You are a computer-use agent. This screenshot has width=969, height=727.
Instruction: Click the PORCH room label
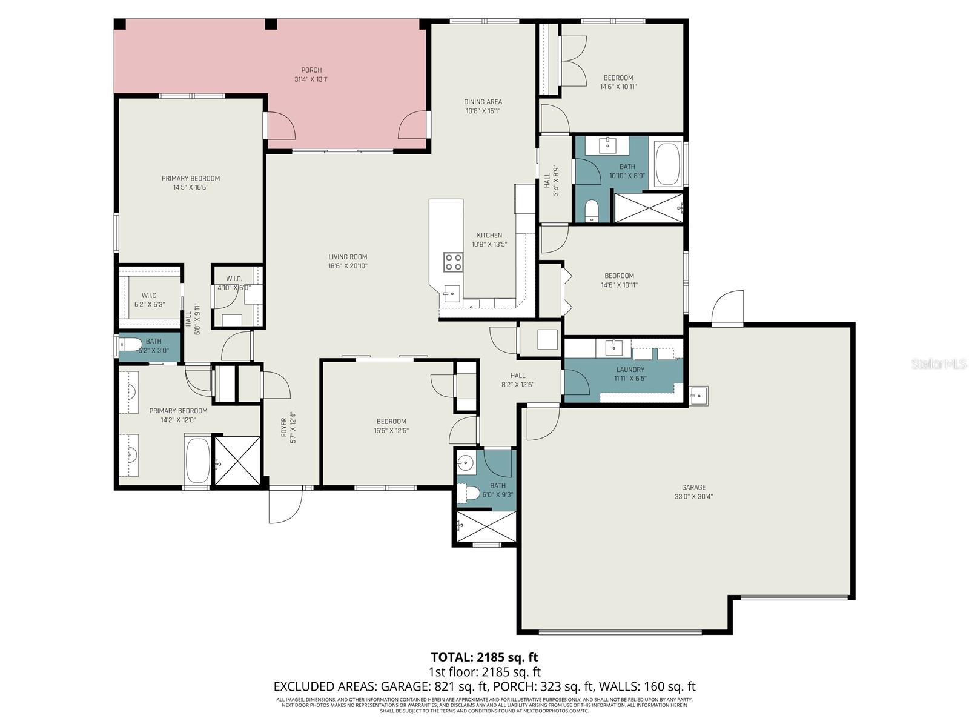[311, 70]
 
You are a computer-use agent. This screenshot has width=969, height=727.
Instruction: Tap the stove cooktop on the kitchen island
[453, 262]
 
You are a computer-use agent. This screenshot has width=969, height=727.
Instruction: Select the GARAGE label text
[693, 487]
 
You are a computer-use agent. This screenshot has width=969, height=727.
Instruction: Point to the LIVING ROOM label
[348, 257]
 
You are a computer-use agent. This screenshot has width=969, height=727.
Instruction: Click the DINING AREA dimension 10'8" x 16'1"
[483, 111]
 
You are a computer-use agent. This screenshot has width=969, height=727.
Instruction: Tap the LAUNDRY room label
[630, 370]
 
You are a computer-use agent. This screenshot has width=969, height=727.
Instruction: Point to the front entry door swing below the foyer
[285, 506]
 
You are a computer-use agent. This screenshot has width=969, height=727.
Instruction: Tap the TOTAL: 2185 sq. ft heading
[484, 657]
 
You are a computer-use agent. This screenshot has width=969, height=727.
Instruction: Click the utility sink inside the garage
[698, 396]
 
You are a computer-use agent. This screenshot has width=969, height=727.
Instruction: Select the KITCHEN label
[489, 235]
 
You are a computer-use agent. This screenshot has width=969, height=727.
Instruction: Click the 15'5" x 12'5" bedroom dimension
[391, 431]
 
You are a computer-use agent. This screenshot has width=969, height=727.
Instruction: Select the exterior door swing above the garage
[728, 309]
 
